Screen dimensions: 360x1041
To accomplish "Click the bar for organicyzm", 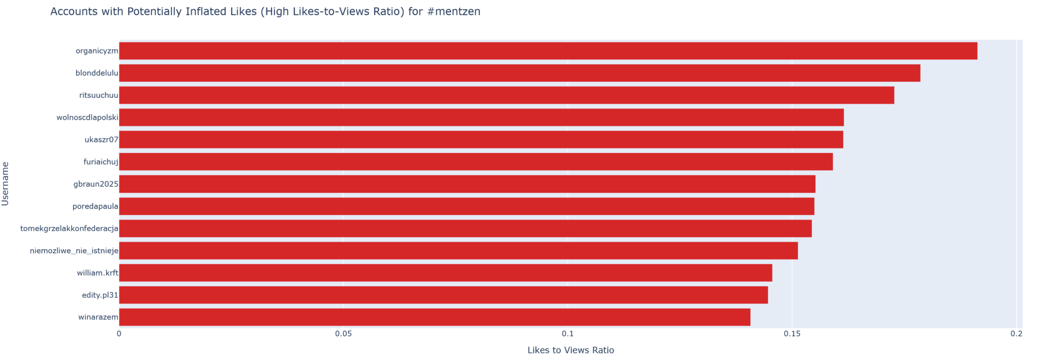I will pos(548,51).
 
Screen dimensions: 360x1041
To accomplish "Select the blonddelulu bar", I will pos(519,73).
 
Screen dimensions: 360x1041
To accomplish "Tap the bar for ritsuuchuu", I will pos(506,95).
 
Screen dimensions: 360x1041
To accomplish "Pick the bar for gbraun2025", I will pos(467,184).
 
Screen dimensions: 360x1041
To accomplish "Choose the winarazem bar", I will pos(435,317).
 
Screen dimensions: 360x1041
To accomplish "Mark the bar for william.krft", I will pos(445,273).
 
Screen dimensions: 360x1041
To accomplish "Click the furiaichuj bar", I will pos(476,162).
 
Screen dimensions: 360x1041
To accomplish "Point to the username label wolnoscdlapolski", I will pos(87,118).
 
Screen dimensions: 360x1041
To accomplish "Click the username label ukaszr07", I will pos(101,140).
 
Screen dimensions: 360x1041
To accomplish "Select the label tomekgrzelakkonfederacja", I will pos(69,229).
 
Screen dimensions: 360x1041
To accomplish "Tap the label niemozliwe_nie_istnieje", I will pos(74,251).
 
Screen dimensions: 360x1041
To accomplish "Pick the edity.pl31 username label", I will pos(100,295).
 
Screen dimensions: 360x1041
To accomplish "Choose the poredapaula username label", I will pos(96,206).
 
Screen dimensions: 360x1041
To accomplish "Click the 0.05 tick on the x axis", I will pos(344,334).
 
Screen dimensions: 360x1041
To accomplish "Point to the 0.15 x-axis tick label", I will pos(792,334).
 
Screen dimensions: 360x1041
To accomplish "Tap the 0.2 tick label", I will pos(1016,334).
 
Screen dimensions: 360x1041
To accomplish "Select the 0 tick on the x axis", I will pos(119,334).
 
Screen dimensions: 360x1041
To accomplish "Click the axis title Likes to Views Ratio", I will pos(570,350).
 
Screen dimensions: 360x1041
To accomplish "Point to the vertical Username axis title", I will pos(6,184).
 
